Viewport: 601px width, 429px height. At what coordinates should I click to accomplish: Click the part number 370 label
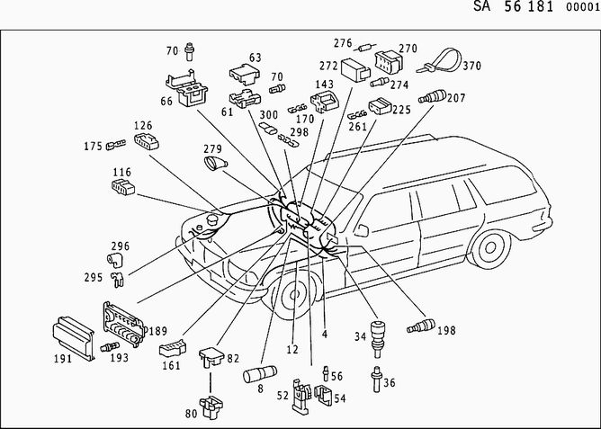473,65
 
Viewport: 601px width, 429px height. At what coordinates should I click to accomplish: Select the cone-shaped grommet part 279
217,164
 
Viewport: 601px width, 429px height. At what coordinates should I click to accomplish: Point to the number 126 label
144,125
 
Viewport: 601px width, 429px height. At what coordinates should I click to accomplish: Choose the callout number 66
167,102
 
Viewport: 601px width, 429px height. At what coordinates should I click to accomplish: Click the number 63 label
256,58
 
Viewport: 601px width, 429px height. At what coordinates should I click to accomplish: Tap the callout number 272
327,66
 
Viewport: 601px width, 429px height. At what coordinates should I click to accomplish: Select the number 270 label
408,49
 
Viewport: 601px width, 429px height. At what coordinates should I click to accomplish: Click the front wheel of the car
292,298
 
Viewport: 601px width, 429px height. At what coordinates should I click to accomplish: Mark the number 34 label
360,337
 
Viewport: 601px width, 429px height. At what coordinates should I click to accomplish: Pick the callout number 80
192,416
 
